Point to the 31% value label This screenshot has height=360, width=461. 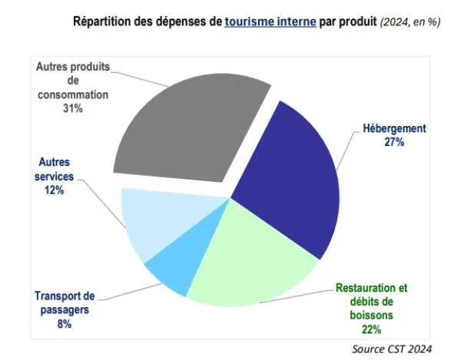click(73, 109)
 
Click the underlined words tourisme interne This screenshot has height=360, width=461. click(270, 21)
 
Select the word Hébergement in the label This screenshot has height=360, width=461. click(395, 128)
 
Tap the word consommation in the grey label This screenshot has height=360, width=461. click(73, 95)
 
